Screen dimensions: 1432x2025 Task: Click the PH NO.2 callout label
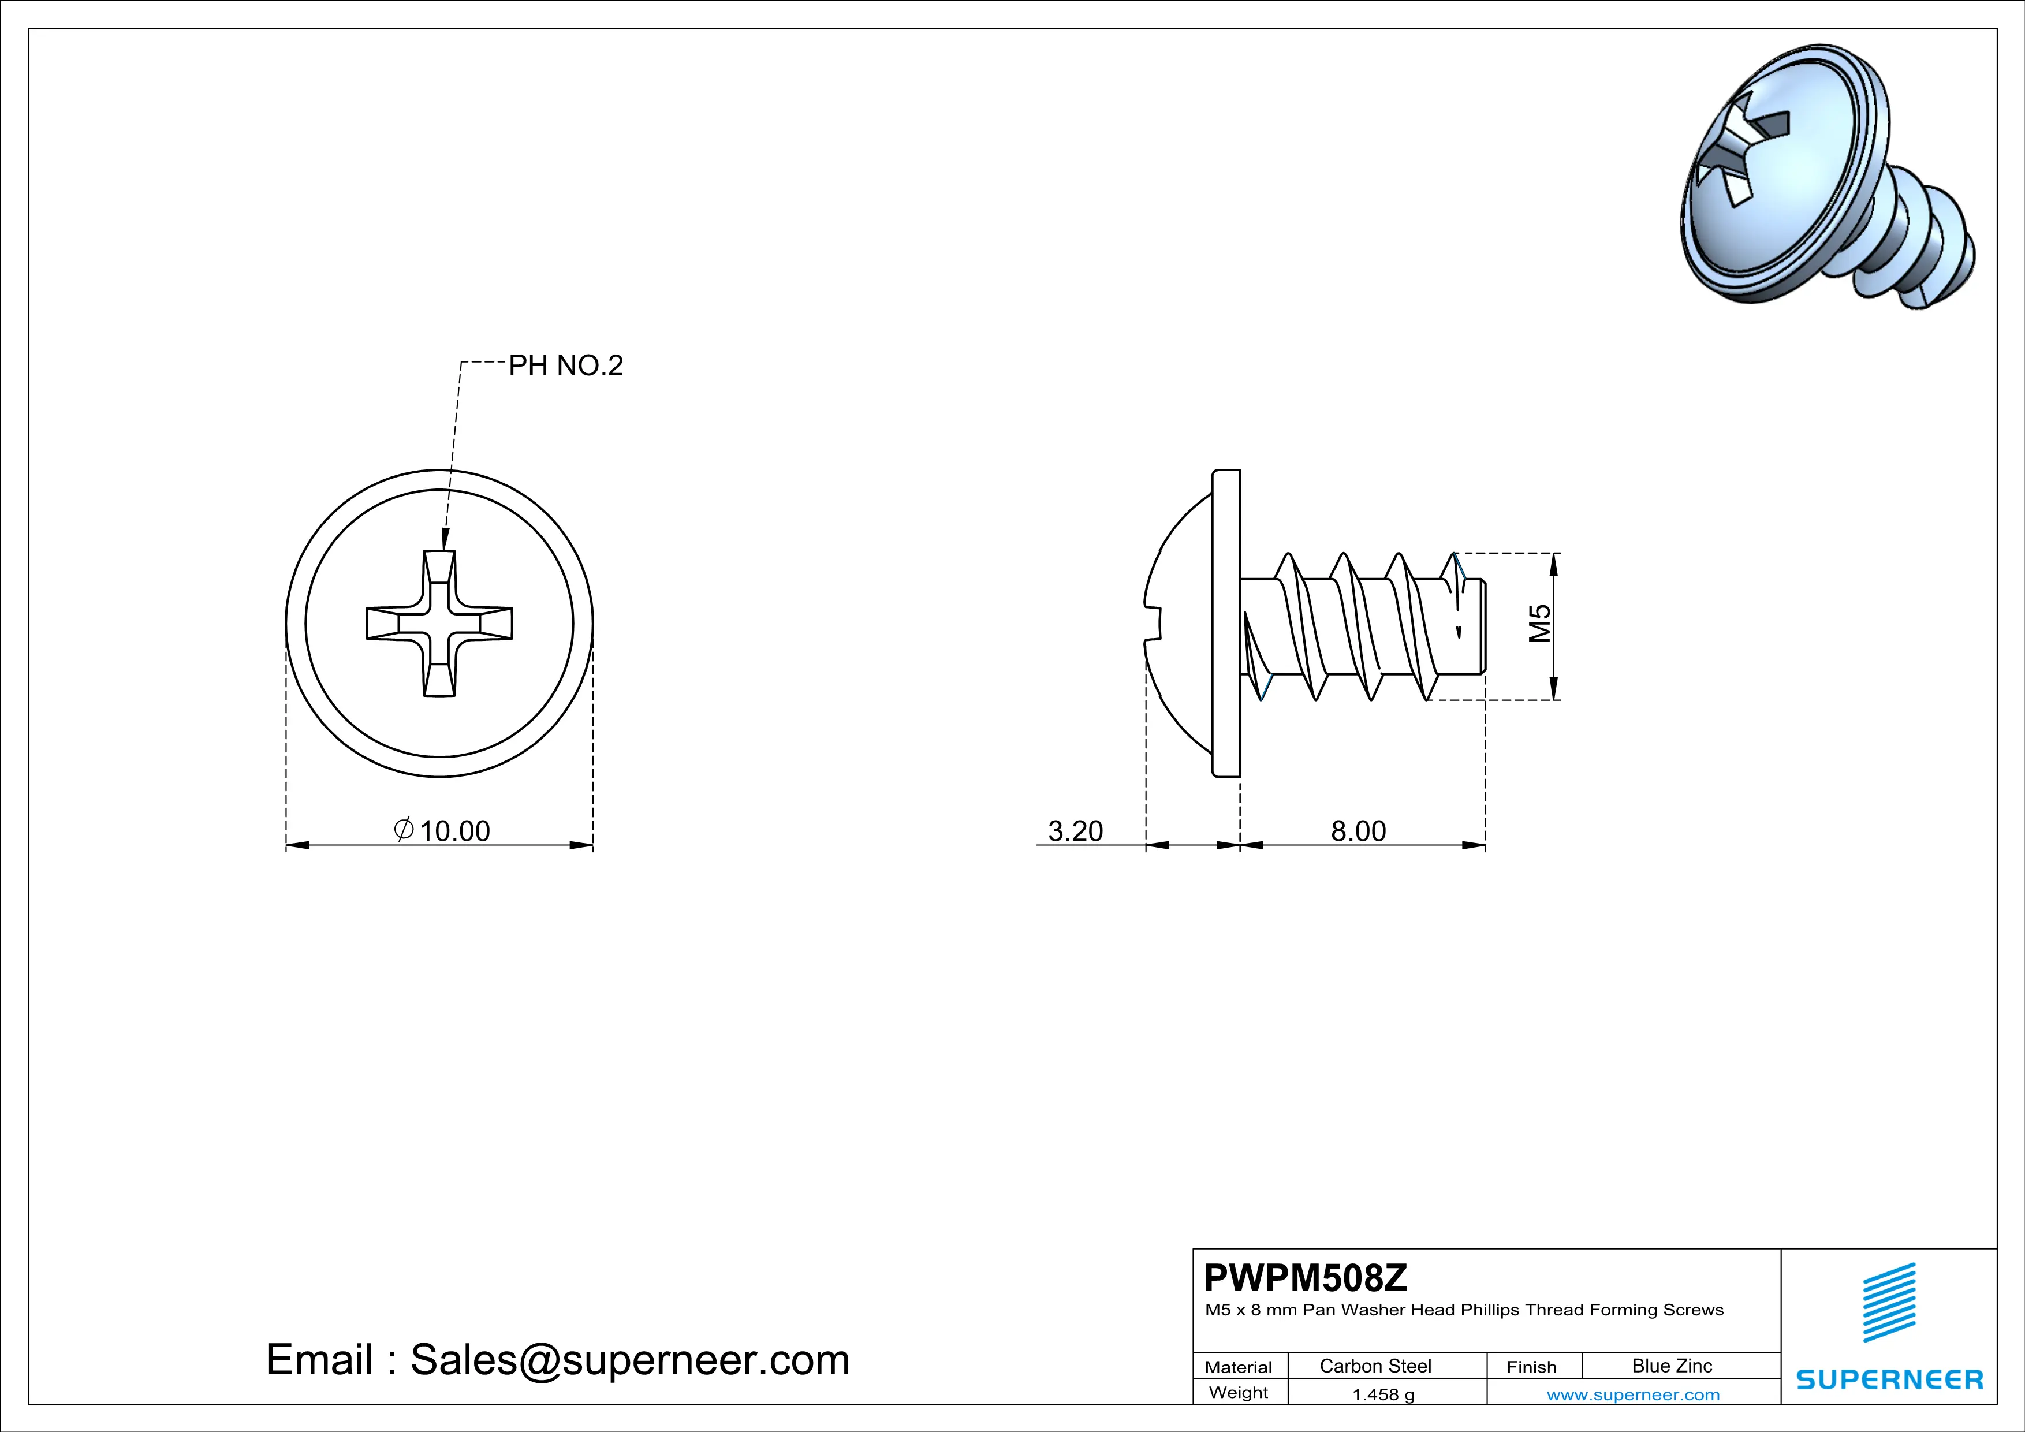[565, 365]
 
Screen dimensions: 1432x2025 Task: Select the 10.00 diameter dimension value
[454, 831]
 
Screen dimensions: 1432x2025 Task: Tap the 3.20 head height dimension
[1075, 831]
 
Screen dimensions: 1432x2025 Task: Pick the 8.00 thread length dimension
[1358, 831]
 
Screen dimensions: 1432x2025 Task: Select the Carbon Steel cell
[1375, 1366]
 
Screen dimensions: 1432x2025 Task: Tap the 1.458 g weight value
[1383, 1394]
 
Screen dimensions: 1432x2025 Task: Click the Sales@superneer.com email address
[630, 1360]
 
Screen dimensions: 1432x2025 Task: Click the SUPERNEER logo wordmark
[1890, 1379]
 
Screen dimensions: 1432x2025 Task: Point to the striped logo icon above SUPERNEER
[1889, 1303]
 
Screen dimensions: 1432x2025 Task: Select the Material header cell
[1239, 1367]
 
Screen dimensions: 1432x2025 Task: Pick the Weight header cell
[1239, 1392]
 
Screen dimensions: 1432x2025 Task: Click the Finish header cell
[1531, 1367]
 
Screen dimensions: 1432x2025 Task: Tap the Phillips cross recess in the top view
[439, 624]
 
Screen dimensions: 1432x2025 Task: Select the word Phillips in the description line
[1490, 1310]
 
